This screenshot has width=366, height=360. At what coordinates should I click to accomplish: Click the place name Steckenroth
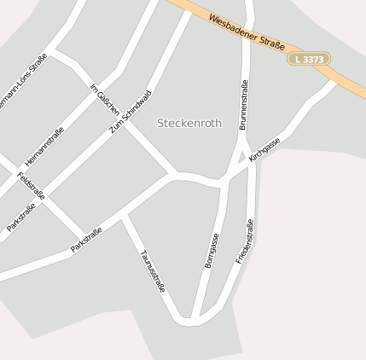coord(189,123)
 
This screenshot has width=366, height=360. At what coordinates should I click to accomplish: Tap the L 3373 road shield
coord(308,59)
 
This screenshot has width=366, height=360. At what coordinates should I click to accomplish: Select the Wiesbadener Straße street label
coord(247,31)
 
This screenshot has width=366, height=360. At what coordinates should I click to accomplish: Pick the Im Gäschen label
coord(105,105)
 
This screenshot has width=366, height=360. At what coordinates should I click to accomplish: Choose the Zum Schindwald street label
coord(131,112)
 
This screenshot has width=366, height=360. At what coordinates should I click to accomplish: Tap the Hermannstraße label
coord(44,146)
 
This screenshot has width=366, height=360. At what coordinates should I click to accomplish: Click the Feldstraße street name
coord(32,187)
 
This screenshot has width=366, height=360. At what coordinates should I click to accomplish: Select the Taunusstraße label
coord(152,270)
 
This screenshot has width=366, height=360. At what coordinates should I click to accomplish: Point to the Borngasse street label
coord(212,250)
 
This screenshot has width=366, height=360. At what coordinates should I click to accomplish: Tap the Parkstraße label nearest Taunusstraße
coord(87,240)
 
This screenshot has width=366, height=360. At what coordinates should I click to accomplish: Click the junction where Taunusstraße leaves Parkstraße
coord(124,217)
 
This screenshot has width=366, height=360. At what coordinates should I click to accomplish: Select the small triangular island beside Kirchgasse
coord(241,157)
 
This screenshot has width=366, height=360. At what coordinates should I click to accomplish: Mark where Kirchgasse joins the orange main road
coord(334,83)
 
